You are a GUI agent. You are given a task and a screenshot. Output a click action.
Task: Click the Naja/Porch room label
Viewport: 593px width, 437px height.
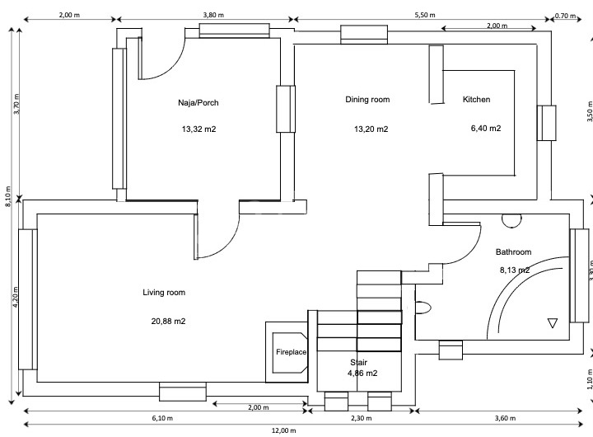tap(198, 102)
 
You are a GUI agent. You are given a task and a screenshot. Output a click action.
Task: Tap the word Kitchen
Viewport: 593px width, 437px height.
tap(476, 100)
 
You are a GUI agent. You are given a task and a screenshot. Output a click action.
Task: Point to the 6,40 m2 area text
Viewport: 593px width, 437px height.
tap(486, 129)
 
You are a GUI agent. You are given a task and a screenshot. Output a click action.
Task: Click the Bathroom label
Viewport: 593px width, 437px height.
tap(513, 252)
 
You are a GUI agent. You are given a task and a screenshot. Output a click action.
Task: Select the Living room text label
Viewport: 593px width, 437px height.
tap(164, 293)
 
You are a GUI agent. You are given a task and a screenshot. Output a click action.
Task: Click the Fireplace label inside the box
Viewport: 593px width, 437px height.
tap(291, 353)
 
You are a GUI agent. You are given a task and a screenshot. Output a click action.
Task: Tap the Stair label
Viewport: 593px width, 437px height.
tap(358, 362)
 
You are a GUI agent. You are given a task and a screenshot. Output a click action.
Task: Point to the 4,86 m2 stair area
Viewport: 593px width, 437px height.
tap(362, 374)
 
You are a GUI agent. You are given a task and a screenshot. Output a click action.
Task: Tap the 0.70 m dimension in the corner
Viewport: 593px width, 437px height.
tap(566, 15)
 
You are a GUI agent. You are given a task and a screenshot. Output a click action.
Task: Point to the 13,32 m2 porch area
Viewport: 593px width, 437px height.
tap(198, 129)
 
